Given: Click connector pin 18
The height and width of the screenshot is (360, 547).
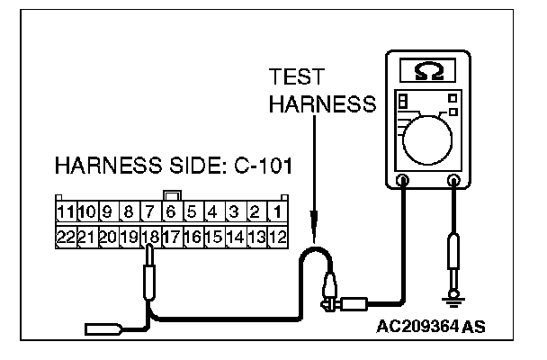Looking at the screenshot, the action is (149, 238).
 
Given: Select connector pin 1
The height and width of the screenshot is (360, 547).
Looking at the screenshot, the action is (278, 213).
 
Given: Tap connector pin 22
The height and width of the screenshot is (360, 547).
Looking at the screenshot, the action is (64, 238).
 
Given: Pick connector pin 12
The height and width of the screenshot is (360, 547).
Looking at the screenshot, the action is (278, 238).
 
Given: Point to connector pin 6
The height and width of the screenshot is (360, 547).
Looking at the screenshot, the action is (171, 213).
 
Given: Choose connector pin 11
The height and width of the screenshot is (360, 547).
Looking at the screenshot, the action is (64, 213).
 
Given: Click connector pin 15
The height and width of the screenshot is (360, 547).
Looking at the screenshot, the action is (214, 238).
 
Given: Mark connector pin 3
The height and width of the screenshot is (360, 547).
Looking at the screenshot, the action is (235, 213).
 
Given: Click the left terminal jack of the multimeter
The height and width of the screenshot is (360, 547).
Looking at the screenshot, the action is (404, 181).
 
